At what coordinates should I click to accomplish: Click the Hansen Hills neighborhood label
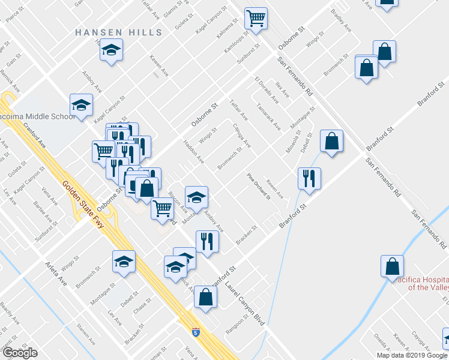coord(110,32)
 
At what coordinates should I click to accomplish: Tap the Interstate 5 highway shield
coord(196,332)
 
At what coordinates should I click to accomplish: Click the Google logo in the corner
coord(20,353)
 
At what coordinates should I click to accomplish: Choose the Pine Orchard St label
coord(259,187)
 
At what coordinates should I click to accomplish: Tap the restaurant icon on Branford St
coord(310,178)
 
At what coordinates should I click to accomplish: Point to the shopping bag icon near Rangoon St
coord(205,296)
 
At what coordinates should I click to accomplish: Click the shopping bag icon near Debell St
coord(331,141)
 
